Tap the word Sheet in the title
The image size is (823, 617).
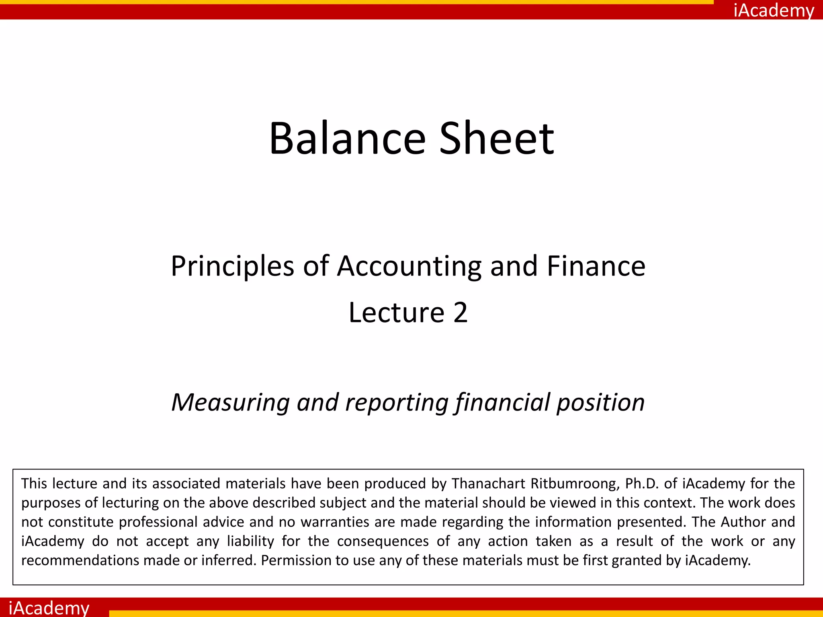point(497,138)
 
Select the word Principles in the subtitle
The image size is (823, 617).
point(233,267)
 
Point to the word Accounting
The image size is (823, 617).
point(409,267)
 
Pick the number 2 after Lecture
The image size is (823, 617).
point(461,313)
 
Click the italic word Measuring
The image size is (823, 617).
point(230,402)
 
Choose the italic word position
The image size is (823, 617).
point(600,403)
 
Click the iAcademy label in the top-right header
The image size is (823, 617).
point(774,10)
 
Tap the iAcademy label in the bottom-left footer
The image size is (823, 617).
point(49,607)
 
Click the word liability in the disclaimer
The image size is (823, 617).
point(250,541)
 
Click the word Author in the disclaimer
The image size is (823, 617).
point(743,522)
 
